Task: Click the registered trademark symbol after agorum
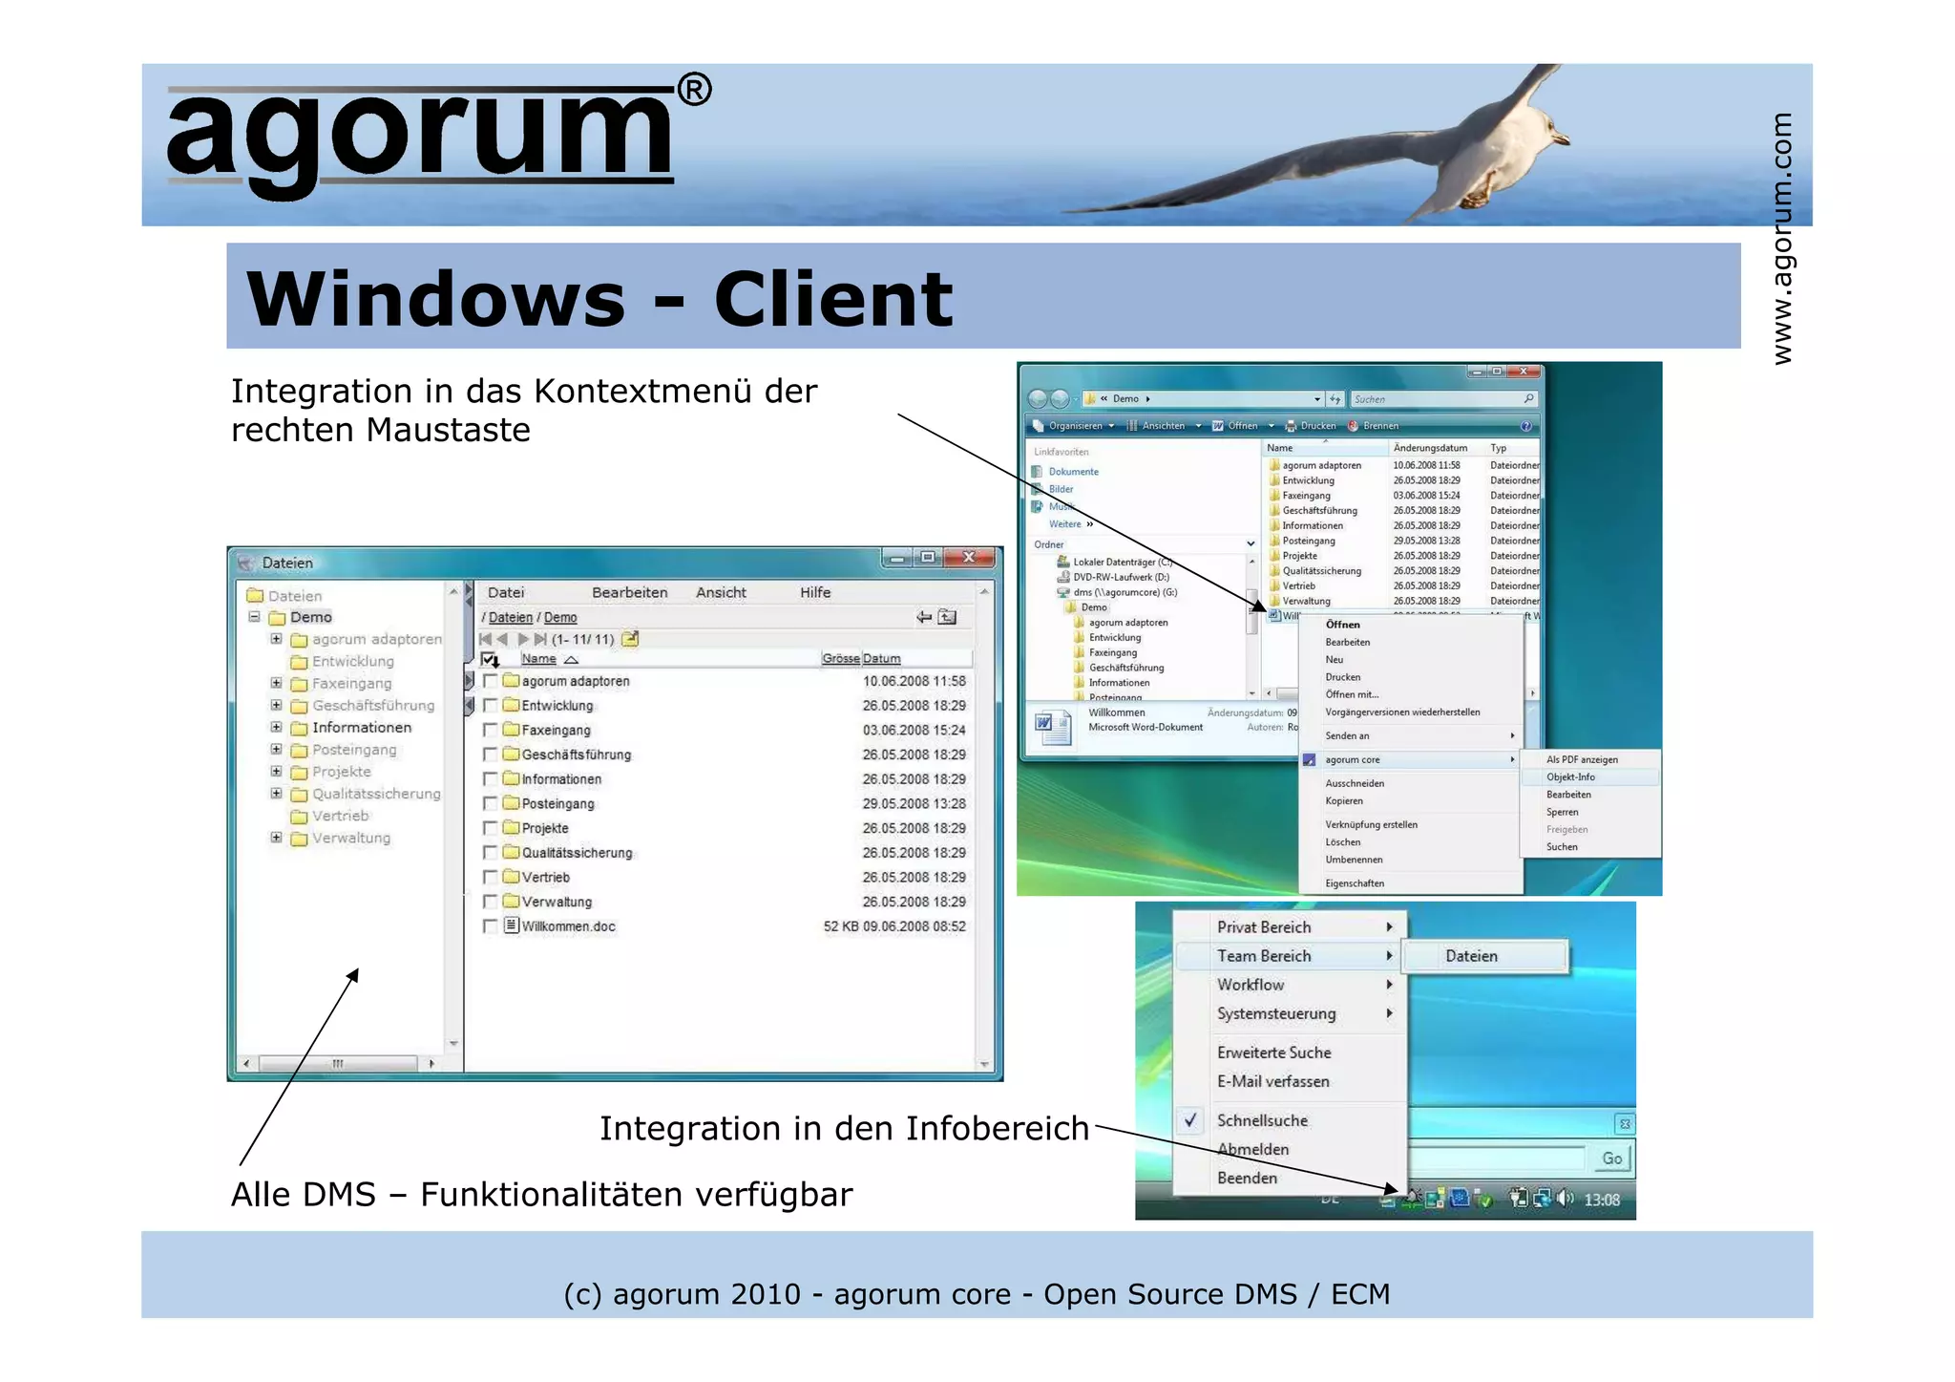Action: [x=694, y=90]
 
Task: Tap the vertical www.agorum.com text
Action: [x=1781, y=239]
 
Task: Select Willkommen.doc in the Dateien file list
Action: [x=568, y=926]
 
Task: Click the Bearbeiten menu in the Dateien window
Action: [x=629, y=592]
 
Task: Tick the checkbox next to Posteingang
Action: [x=490, y=803]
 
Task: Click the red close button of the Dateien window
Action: [x=968, y=557]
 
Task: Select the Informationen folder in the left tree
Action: [x=361, y=728]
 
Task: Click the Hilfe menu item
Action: [x=814, y=592]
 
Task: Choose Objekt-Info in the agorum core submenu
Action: [x=1570, y=777]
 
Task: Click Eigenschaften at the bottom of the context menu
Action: [x=1354, y=883]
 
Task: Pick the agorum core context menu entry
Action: [x=1352, y=760]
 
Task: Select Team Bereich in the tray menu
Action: [x=1263, y=956]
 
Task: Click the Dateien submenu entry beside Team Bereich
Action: [x=1470, y=956]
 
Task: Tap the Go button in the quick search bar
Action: [x=1611, y=1159]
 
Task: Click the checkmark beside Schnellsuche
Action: [x=1190, y=1120]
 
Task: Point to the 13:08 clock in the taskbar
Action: [x=1601, y=1200]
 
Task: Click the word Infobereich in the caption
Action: [x=997, y=1129]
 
